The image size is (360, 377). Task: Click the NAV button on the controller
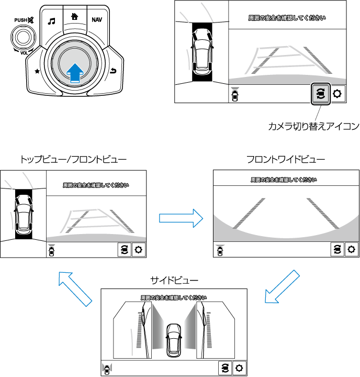pos(97,20)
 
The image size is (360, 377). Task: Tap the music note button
pos(51,21)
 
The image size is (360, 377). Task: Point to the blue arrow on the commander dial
pos(75,72)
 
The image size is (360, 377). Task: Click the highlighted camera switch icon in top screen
pos(320,94)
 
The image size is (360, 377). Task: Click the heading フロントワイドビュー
pos(286,159)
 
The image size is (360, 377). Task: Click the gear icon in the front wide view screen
pos(352,250)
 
